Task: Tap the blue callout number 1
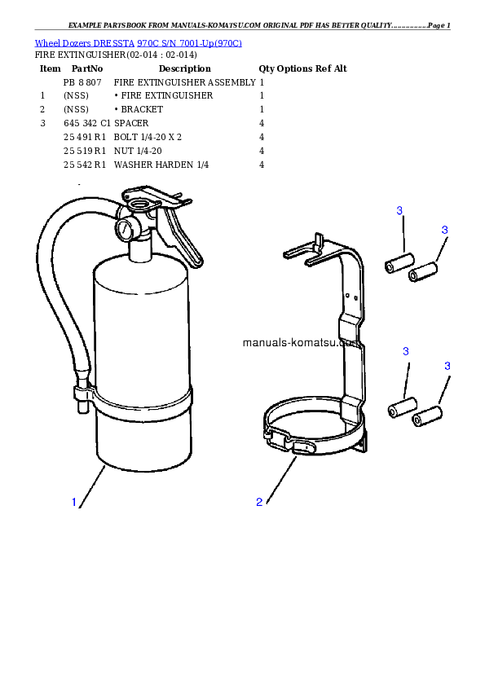pyautogui.click(x=74, y=502)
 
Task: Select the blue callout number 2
pyautogui.click(x=259, y=502)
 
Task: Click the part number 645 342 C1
pyautogui.click(x=86, y=123)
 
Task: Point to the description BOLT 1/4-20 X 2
pyautogui.click(x=148, y=137)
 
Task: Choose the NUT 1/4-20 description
pyautogui.click(x=138, y=151)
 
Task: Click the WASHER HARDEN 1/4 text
pyautogui.click(x=161, y=165)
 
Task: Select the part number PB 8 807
pyautogui.click(x=82, y=82)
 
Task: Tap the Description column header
pyautogui.click(x=185, y=68)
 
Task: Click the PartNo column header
pyautogui.click(x=87, y=68)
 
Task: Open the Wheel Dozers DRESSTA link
pyautogui.click(x=85, y=43)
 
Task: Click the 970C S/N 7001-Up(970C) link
pyautogui.click(x=190, y=43)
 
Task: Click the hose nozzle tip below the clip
pyautogui.click(x=82, y=407)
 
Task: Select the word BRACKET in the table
pyautogui.click(x=142, y=109)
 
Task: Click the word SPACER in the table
pyautogui.click(x=131, y=123)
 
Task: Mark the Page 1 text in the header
pyautogui.click(x=439, y=25)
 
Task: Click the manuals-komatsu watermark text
pyautogui.click(x=301, y=342)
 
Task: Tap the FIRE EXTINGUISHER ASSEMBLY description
pyautogui.click(x=185, y=82)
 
